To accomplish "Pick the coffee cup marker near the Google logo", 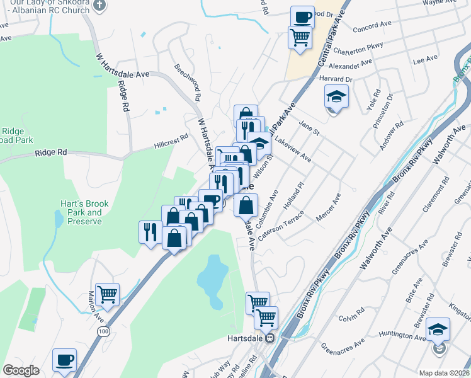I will (x=65, y=360).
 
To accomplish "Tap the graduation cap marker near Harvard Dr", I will (x=336, y=97).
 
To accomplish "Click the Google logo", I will (x=21, y=370).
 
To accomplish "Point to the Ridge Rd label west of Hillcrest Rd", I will (x=51, y=152).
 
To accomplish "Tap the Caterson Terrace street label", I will (x=285, y=224).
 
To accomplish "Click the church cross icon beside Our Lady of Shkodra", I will (x=98, y=5).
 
